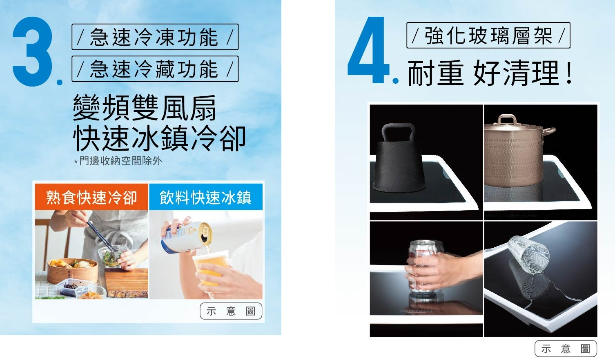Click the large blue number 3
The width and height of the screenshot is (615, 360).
pos(32,51)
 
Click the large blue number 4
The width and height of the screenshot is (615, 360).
pos(368,50)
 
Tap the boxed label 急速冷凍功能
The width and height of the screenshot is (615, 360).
pos(155,37)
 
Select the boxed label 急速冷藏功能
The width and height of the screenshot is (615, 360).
pos(155,69)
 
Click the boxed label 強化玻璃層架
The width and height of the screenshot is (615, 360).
pos(488,36)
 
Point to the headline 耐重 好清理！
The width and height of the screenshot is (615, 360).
pos(490,73)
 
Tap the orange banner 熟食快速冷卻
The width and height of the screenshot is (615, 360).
pos(91,197)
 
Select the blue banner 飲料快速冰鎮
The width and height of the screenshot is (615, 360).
pos(206,197)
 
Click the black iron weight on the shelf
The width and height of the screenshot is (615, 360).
pos(399,159)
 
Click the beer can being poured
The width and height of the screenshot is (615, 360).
pos(187,238)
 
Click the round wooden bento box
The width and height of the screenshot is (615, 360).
pos(72,271)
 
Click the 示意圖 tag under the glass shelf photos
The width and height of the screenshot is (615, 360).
pos(566,349)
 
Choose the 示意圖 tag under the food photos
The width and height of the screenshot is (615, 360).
pos(231,311)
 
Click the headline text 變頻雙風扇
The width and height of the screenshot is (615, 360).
pos(145,108)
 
